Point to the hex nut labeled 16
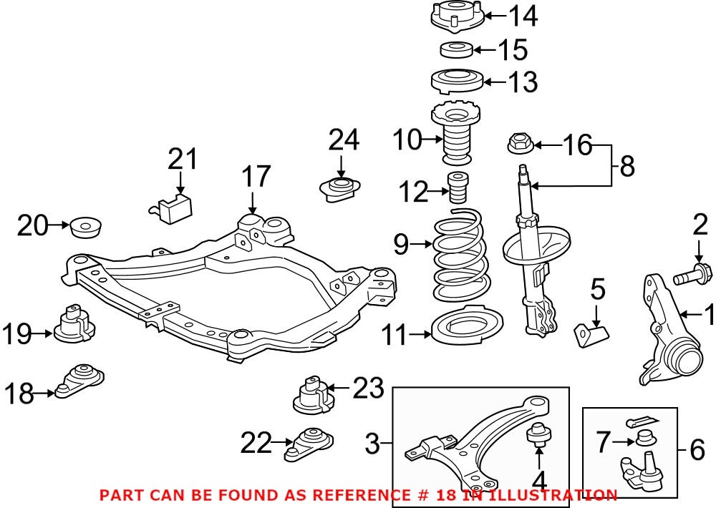pyautogui.click(x=519, y=145)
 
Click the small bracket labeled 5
pyautogui.click(x=591, y=333)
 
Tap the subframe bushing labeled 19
pyautogui.click(x=74, y=326)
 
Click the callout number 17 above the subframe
pyautogui.click(x=256, y=176)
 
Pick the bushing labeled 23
pyautogui.click(x=313, y=396)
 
